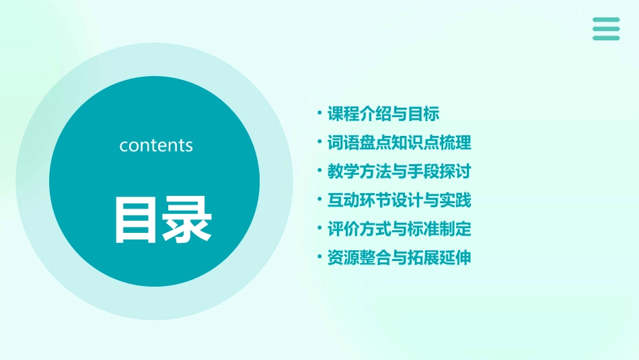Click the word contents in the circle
click(156, 145)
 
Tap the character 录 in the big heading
click(188, 219)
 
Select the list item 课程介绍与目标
click(383, 114)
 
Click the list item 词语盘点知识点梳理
click(399, 143)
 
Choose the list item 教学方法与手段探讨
click(399, 172)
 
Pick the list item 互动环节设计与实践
click(399, 201)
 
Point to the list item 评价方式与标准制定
click(399, 229)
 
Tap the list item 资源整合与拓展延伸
click(399, 258)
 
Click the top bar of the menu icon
click(606, 20)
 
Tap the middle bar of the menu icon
click(606, 29)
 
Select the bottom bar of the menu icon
click(606, 38)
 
